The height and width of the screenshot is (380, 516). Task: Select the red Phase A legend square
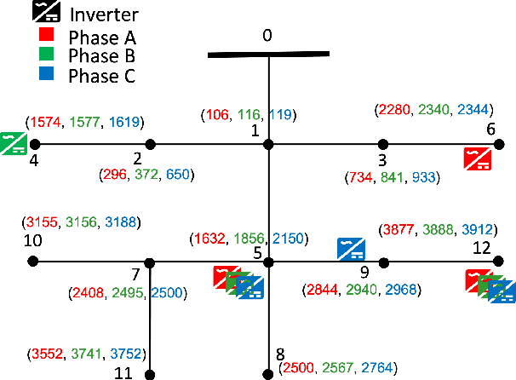[x=47, y=37]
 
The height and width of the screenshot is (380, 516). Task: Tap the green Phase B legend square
[x=47, y=56]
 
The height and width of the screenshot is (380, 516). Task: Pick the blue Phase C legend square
[x=47, y=76]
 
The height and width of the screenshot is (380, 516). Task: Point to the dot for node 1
[x=269, y=145]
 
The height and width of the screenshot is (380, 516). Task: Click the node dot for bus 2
[x=151, y=145]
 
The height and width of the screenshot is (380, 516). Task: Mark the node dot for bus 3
[x=383, y=145]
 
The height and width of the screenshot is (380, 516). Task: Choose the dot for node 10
[x=33, y=262]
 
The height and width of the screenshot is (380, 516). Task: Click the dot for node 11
[x=151, y=373]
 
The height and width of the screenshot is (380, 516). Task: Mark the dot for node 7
[x=151, y=262]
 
